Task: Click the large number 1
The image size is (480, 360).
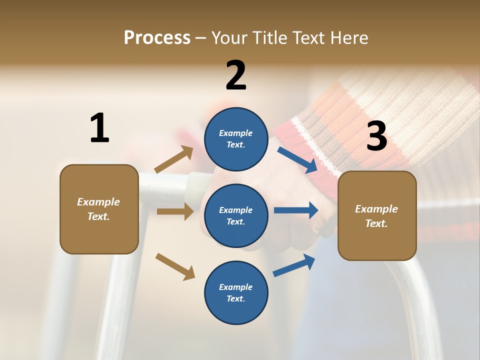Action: (99, 128)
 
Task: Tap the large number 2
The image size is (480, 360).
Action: (236, 75)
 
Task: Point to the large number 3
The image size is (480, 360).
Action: (376, 136)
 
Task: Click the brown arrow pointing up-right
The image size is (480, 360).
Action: (174, 159)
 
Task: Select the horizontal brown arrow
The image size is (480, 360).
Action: (175, 211)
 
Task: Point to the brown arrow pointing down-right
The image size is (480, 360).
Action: (175, 266)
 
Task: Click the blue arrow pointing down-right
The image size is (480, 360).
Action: (297, 160)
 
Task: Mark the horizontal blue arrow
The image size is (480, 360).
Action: (295, 210)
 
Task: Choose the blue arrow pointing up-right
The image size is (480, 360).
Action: (294, 265)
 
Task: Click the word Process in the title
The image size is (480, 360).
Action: (157, 37)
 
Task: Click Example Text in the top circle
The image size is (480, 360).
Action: (236, 139)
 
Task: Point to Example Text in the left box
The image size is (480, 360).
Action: (99, 209)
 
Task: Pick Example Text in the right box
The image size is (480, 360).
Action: (377, 216)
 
